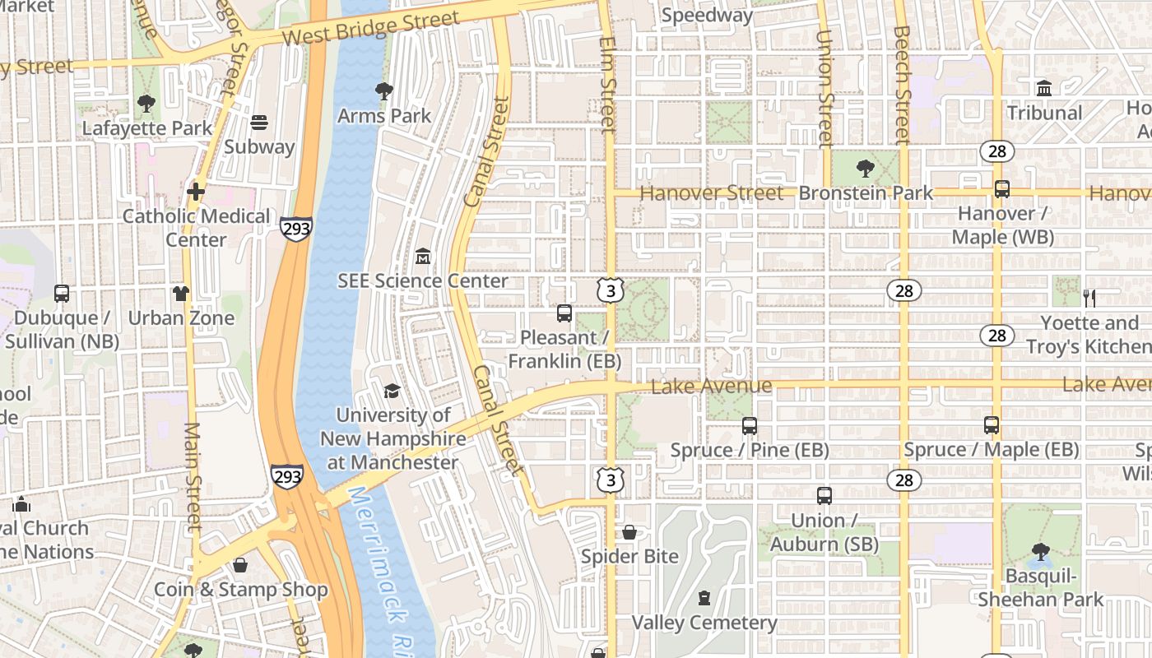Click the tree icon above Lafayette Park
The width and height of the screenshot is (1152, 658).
[x=146, y=104]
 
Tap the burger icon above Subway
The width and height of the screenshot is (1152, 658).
[x=259, y=123]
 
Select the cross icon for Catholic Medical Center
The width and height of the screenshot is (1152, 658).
[x=195, y=192]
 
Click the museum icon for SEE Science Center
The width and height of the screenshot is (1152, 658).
[x=423, y=257]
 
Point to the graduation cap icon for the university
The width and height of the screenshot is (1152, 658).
[x=392, y=391]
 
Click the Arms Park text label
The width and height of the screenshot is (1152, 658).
[x=384, y=116]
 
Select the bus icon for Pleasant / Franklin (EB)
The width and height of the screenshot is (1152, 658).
[x=564, y=313]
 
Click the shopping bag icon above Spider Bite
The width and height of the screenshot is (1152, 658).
[x=629, y=532]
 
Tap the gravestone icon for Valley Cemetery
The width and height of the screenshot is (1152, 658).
[x=704, y=598]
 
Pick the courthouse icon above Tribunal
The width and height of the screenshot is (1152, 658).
[x=1044, y=88]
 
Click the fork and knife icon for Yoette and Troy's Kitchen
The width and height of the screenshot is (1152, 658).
[x=1089, y=298]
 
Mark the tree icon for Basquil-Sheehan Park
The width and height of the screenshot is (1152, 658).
[x=1041, y=551]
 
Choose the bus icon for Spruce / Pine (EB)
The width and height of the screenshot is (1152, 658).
[x=749, y=425]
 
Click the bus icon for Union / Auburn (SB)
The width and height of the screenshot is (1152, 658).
[x=825, y=496]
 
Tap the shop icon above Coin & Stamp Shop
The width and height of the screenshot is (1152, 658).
[x=240, y=565]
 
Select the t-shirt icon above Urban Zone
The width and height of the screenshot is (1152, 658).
[x=181, y=294]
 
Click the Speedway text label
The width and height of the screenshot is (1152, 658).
[x=707, y=15]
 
